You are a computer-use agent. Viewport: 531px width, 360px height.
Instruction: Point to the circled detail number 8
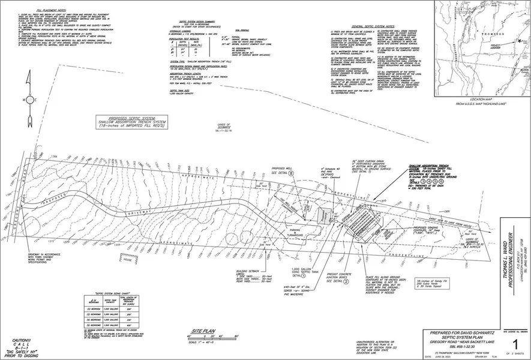292,172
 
